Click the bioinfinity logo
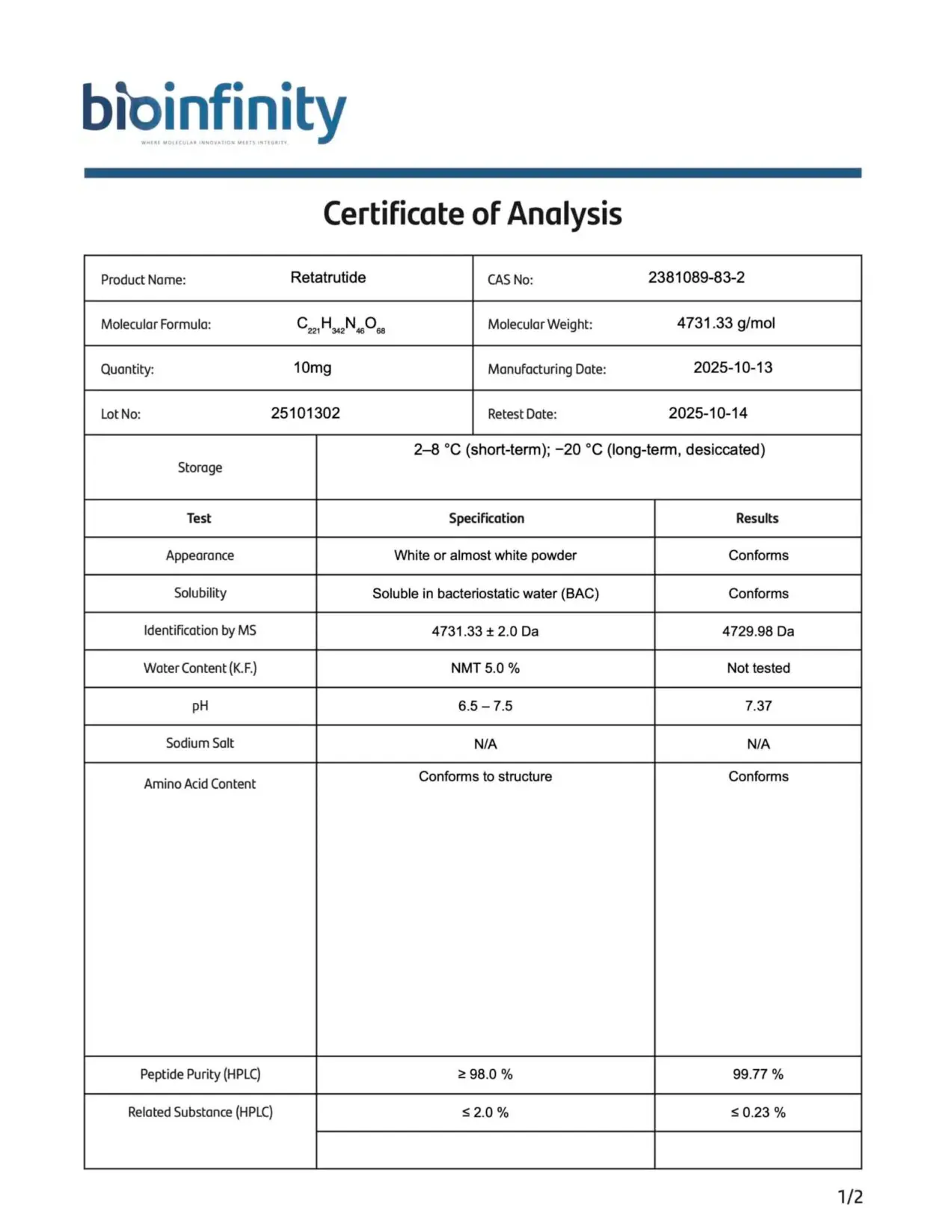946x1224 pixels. click(x=214, y=112)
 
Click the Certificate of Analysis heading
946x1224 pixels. click(x=472, y=214)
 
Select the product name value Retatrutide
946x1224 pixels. click(x=328, y=277)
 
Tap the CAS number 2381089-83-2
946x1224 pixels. click(x=696, y=277)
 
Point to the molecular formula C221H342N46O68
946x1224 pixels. click(x=341, y=325)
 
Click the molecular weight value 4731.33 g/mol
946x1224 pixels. click(x=725, y=323)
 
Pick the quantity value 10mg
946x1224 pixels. click(x=312, y=368)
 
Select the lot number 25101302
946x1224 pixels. click(x=305, y=413)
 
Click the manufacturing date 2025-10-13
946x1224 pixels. click(x=732, y=368)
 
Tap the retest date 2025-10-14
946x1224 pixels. click(x=707, y=413)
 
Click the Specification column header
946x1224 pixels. click(x=486, y=518)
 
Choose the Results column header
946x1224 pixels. click(x=757, y=518)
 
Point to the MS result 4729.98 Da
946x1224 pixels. click(x=758, y=631)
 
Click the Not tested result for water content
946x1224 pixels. click(x=758, y=668)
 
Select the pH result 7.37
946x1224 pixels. click(x=758, y=706)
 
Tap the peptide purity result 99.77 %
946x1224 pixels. click(x=758, y=1074)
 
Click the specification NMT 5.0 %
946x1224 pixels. click(x=485, y=668)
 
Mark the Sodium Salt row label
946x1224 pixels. click(x=200, y=743)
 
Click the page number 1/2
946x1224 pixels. click(x=850, y=1197)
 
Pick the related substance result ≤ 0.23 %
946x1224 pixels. click(x=758, y=1113)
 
